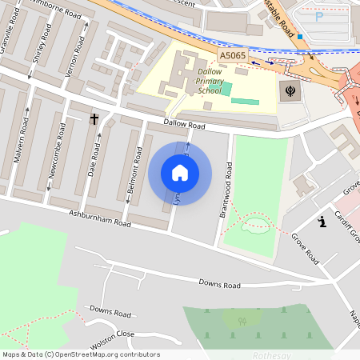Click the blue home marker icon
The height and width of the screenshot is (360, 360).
point(180,173)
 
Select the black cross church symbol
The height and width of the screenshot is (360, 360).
point(94,119)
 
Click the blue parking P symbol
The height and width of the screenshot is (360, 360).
point(319,15)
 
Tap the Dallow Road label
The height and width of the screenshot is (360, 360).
point(185,126)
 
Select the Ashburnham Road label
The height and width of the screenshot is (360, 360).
point(99,218)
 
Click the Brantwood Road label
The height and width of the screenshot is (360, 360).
point(227,190)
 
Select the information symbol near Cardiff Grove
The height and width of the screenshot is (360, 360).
point(322,222)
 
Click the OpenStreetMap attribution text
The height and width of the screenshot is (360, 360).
point(81,354)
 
